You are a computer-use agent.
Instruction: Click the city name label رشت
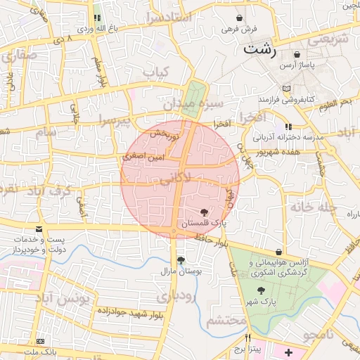pyautogui.click(x=260, y=51)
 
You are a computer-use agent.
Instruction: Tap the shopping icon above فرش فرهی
pyautogui.click(x=240, y=18)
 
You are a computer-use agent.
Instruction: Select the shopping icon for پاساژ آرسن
pyautogui.click(x=297, y=54)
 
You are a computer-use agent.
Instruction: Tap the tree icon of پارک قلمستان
pyautogui.click(x=204, y=212)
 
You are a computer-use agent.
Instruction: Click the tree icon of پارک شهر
pyautogui.click(x=261, y=290)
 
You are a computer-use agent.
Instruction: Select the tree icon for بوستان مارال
pyautogui.click(x=181, y=259)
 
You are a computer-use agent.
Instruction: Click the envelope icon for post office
pyautogui.click(x=38, y=229)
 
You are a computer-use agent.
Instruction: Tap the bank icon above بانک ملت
pyautogui.click(x=39, y=340)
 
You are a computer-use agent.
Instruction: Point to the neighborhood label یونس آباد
pyautogui.click(x=60, y=298)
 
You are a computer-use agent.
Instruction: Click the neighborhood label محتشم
pyautogui.click(x=227, y=321)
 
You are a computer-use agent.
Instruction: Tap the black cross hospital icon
pyautogui.click(x=289, y=350)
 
